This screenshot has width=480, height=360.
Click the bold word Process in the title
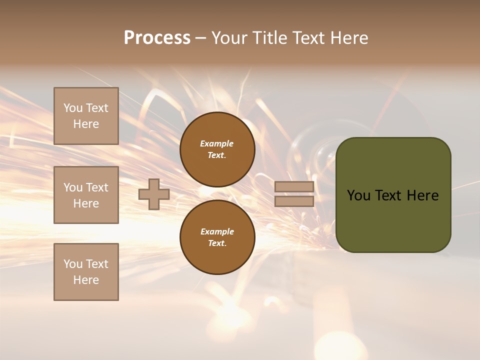157,38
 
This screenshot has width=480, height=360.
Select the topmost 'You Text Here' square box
86,116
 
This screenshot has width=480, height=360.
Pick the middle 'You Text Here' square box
86,195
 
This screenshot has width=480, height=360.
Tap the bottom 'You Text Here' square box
86,272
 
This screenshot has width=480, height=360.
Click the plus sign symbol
154,194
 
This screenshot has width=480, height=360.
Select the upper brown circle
217,149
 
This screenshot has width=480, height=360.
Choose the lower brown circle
217,237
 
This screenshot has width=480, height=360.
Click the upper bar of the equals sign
294,187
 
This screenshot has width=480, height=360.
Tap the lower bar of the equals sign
294,201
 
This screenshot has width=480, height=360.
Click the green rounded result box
393,220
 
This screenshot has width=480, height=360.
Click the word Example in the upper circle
216,143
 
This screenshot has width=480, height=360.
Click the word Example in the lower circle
217,231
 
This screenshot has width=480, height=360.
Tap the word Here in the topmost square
86,124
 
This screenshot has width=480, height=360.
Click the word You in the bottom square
73,264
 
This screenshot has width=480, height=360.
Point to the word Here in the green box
422,195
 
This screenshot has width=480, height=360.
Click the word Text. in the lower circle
217,243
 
